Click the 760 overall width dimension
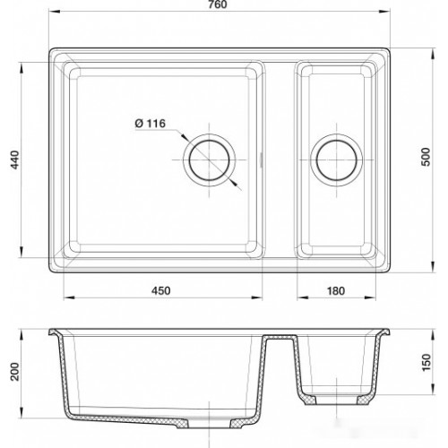point(218,4)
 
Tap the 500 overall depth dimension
point(426,157)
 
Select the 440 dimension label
point(15,159)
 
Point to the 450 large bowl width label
point(161,290)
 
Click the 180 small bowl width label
point(336,290)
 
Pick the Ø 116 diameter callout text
point(151,124)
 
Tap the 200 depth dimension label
point(15,372)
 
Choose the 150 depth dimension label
point(426,362)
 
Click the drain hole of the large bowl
point(210,160)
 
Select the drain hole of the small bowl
point(337,160)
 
